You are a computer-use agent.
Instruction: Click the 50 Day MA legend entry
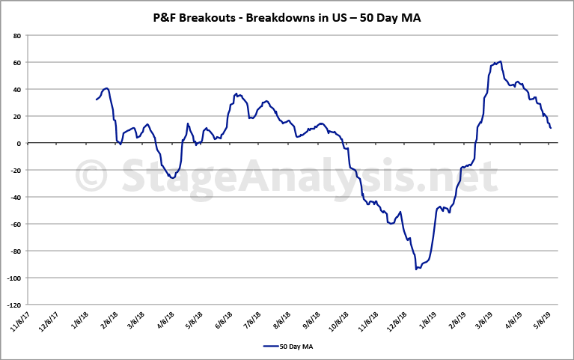[x=288, y=346]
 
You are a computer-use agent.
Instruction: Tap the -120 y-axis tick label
[x=13, y=305]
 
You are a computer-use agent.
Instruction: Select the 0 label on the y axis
[x=19, y=143]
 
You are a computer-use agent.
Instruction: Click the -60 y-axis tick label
[x=15, y=225]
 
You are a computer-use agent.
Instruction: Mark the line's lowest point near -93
[x=417, y=269]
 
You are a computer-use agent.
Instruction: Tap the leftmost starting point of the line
[x=97, y=100]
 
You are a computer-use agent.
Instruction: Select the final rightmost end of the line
[x=551, y=128]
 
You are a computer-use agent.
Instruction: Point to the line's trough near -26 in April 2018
[x=172, y=178]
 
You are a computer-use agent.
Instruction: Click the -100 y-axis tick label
[x=13, y=278]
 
